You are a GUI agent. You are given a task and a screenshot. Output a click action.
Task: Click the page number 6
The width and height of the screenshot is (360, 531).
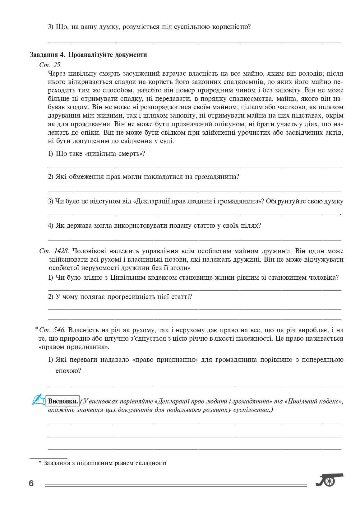pyautogui.click(x=31, y=483)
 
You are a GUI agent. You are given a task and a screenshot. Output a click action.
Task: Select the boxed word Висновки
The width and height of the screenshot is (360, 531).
pyautogui.click(x=63, y=401)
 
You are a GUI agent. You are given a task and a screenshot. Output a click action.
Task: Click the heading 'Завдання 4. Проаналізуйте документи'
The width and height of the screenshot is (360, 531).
pyautogui.click(x=88, y=55)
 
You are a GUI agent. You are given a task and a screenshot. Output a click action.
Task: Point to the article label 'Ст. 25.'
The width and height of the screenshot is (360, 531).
pyautogui.click(x=51, y=65)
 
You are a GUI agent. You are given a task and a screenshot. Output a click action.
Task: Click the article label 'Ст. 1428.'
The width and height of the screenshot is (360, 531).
pyautogui.click(x=54, y=251)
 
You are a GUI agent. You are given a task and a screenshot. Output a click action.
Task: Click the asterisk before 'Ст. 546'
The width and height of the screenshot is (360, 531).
pyautogui.click(x=36, y=329)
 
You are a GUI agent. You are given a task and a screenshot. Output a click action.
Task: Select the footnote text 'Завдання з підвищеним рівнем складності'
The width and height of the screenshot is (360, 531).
pyautogui.click(x=105, y=463)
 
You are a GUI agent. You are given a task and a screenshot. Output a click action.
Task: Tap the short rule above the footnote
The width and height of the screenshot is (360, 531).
pyautogui.click(x=48, y=458)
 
